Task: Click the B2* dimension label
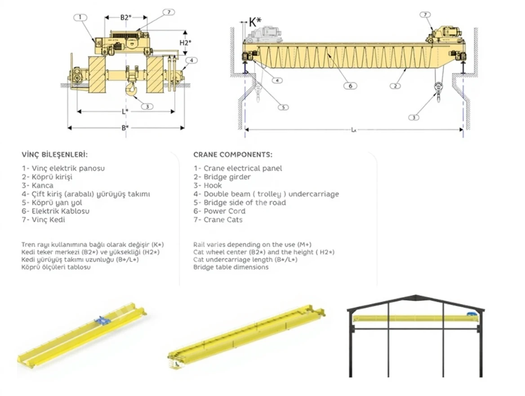point(125,18)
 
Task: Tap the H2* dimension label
point(185,43)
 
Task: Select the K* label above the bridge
point(255,21)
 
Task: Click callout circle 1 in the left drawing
point(80,18)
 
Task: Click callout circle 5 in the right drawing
point(283,107)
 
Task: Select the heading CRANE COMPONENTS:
point(232,154)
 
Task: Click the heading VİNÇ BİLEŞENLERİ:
point(55,154)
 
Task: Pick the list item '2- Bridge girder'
point(222,177)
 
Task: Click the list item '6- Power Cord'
point(219,211)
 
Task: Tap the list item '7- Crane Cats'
point(218,220)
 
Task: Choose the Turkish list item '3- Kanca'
point(37,185)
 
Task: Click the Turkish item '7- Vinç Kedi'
point(43,220)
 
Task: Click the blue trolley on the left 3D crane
point(102,320)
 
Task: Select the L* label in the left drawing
point(125,111)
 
